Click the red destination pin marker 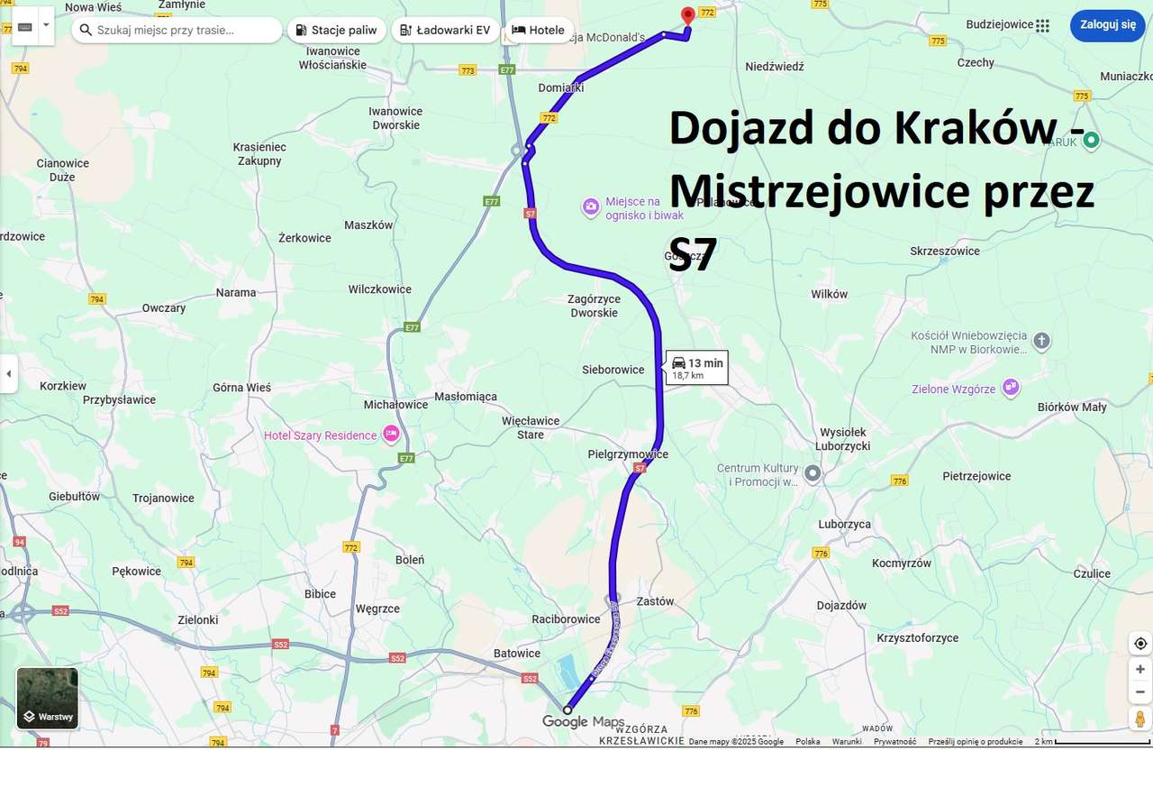click(x=688, y=15)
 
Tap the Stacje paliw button click(x=336, y=30)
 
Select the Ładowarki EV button click(x=445, y=30)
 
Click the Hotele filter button click(x=538, y=30)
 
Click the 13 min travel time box click(x=697, y=367)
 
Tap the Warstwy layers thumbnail click(x=48, y=698)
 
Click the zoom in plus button click(x=1140, y=669)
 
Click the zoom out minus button click(x=1140, y=692)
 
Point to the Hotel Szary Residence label click(x=320, y=435)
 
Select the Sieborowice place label click(x=613, y=370)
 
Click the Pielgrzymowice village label click(x=628, y=454)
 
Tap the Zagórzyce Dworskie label click(x=594, y=306)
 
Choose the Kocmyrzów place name click(x=902, y=563)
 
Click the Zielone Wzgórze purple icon click(x=1011, y=387)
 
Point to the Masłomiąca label click(x=466, y=397)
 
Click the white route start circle click(x=567, y=710)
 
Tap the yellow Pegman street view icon click(x=1140, y=719)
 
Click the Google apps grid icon click(x=1042, y=25)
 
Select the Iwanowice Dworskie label click(x=395, y=118)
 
